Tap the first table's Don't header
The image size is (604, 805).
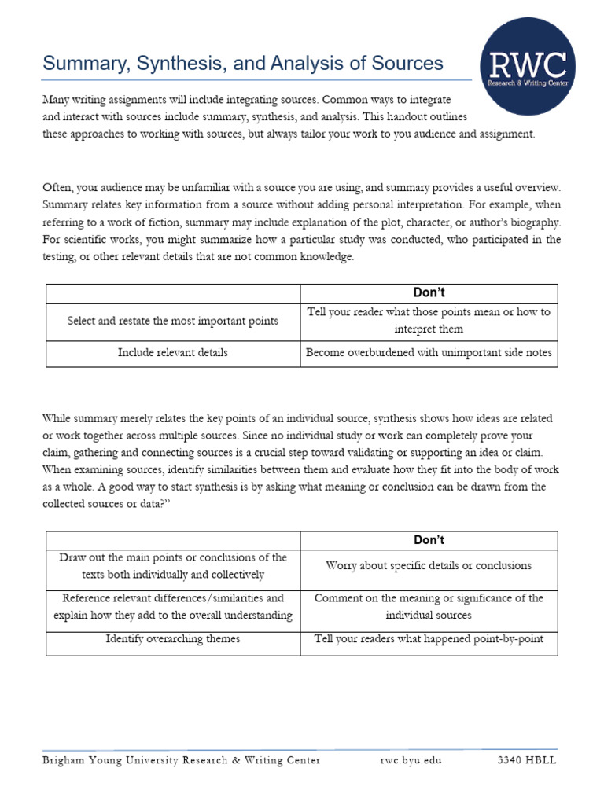point(429,292)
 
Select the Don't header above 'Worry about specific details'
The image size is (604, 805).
point(429,540)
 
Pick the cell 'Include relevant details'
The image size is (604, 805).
point(173,353)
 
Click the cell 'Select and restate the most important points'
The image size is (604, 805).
point(173,321)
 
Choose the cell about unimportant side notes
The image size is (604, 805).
point(429,353)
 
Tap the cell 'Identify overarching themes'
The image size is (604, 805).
point(173,639)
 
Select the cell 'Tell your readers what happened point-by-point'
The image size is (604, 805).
point(429,639)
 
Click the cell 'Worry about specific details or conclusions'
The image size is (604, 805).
point(429,565)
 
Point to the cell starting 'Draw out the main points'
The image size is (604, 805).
point(173,566)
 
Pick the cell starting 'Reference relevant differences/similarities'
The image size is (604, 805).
point(173,606)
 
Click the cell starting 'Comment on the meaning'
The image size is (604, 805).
point(429,606)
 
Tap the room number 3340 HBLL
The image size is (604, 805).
point(527,760)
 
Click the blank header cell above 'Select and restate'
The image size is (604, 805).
point(173,292)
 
